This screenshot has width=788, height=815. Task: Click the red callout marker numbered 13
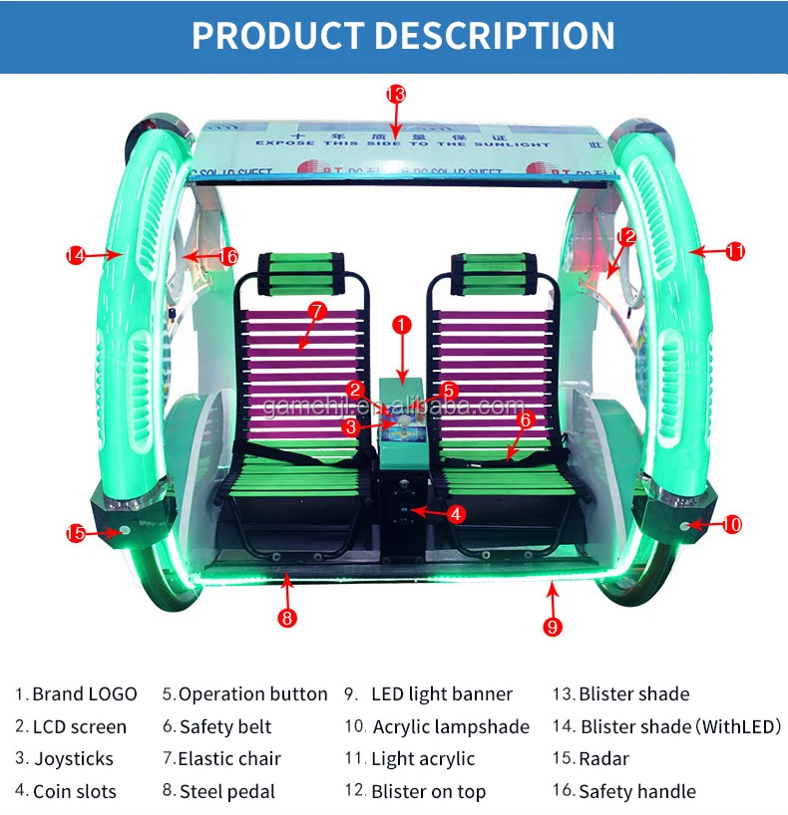point(396,95)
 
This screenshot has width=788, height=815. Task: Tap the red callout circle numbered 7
point(317,311)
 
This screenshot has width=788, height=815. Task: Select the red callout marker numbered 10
point(732,524)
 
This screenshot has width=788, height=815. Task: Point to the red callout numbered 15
point(76,533)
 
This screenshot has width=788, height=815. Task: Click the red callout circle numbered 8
point(287,618)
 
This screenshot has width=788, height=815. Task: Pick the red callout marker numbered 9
point(553,627)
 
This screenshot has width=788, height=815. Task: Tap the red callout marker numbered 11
point(735,251)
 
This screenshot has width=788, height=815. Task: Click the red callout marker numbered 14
point(76,256)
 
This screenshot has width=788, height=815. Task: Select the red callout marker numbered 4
point(455,514)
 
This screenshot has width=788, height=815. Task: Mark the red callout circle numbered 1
point(401,325)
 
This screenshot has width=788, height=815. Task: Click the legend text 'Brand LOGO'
point(85,694)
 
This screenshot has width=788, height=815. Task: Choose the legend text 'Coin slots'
point(75,792)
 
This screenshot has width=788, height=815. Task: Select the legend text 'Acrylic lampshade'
point(451,727)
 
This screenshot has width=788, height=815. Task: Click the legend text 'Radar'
point(604,759)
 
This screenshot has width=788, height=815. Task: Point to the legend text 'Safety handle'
point(637,792)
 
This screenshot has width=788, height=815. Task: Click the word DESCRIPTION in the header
point(496,36)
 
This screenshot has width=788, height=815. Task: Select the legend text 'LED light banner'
point(442,694)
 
